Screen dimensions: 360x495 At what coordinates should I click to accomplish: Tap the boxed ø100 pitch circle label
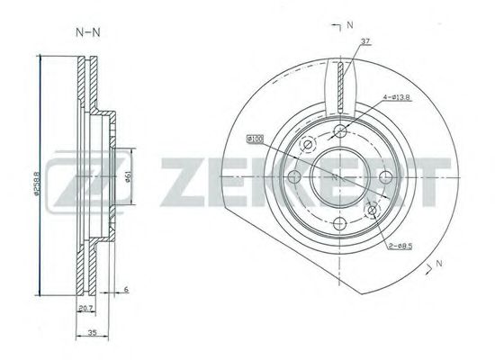click(254, 139)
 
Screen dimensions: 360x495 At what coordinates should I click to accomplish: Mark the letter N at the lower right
click(439, 263)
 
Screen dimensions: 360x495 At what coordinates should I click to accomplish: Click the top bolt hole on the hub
click(340, 133)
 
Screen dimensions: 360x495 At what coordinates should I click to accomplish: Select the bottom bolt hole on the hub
click(340, 225)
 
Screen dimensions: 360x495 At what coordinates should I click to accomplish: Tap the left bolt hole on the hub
click(294, 179)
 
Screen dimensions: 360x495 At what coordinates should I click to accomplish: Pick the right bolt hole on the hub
click(386, 179)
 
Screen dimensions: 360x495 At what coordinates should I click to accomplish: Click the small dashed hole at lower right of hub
click(372, 211)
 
